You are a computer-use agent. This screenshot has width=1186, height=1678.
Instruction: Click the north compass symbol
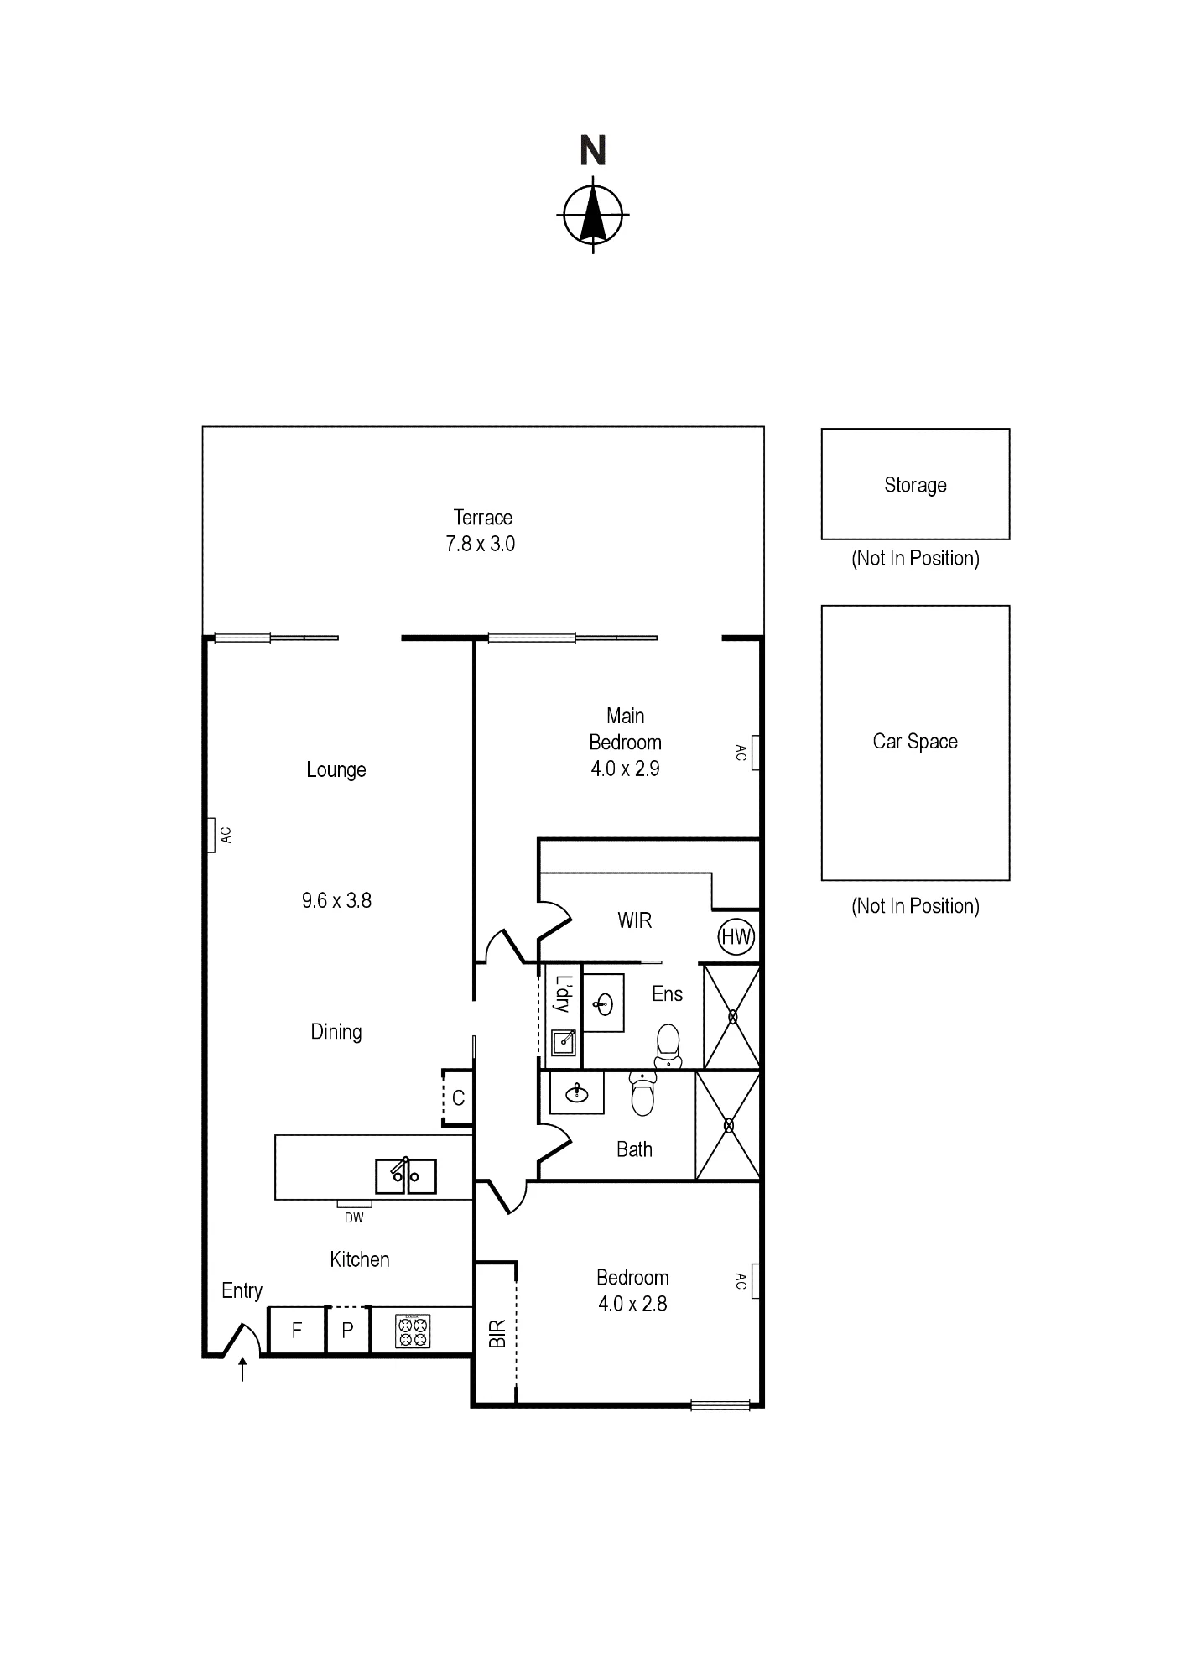(x=593, y=215)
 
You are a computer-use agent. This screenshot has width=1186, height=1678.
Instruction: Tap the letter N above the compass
(x=593, y=151)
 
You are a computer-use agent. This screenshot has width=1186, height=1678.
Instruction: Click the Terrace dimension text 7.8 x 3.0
(x=480, y=544)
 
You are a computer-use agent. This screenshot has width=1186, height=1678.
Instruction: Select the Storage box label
(x=915, y=485)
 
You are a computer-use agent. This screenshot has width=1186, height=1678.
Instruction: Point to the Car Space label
(x=915, y=742)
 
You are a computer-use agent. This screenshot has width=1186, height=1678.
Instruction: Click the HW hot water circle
(x=736, y=936)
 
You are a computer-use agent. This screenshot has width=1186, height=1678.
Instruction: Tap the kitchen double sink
(x=405, y=1175)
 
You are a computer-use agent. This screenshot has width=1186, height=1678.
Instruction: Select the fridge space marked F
(x=296, y=1330)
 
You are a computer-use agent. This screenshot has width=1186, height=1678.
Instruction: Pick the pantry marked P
(x=347, y=1330)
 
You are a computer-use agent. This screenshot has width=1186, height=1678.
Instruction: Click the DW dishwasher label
(x=354, y=1217)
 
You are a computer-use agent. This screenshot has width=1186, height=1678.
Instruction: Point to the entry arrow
(x=242, y=1369)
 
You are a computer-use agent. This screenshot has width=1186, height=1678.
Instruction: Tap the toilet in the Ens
(x=668, y=1045)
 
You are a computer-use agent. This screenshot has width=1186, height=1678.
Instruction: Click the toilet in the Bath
(x=642, y=1094)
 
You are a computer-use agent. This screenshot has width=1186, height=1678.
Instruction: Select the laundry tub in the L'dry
(x=564, y=1043)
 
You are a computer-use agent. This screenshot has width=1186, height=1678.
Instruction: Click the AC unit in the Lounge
(x=211, y=836)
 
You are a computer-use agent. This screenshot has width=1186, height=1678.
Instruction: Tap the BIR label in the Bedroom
(x=497, y=1334)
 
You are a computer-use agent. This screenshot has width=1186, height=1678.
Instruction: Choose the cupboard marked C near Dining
(x=458, y=1097)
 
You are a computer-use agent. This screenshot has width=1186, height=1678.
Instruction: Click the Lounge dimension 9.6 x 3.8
(x=336, y=900)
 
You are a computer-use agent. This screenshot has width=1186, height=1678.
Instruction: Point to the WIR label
(x=634, y=920)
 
